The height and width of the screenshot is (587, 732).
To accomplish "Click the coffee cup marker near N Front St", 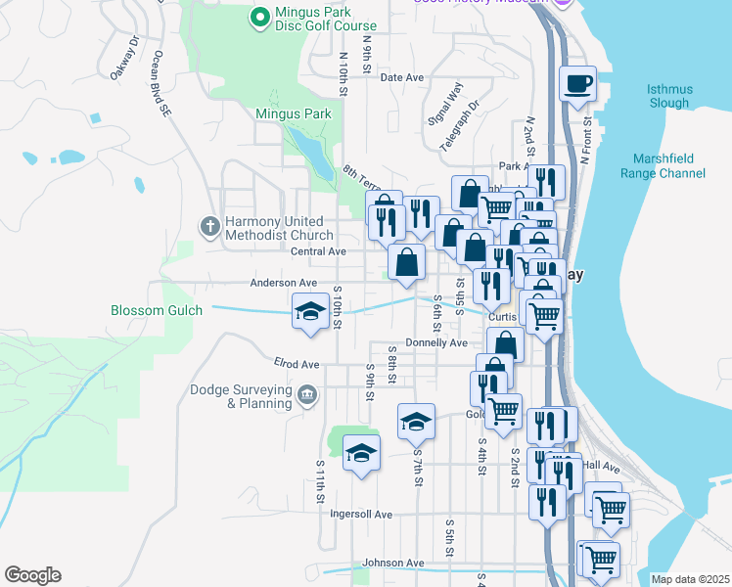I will point(577,84).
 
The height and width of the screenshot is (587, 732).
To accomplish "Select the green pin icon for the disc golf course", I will point(259,17).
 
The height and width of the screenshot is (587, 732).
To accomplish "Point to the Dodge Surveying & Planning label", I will point(240,396).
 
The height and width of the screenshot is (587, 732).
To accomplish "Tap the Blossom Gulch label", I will point(157,310).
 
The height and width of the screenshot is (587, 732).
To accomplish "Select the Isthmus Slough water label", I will point(669,96).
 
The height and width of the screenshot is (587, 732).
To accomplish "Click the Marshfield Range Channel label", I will point(663,166).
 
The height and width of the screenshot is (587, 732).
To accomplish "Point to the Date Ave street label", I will point(402,77).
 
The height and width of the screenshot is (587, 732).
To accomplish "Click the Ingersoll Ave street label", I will point(361,514).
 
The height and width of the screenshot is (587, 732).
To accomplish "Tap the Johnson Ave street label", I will point(393,563).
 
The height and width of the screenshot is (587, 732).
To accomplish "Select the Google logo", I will point(32,575).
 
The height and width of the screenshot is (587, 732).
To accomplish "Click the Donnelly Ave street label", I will point(436,343).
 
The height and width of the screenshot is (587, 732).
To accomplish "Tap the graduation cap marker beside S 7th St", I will point(416,422).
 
